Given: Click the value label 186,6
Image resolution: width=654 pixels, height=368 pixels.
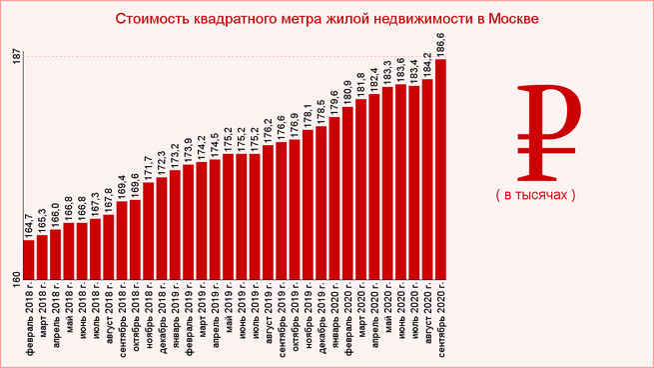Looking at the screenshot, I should (x=441, y=44).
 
